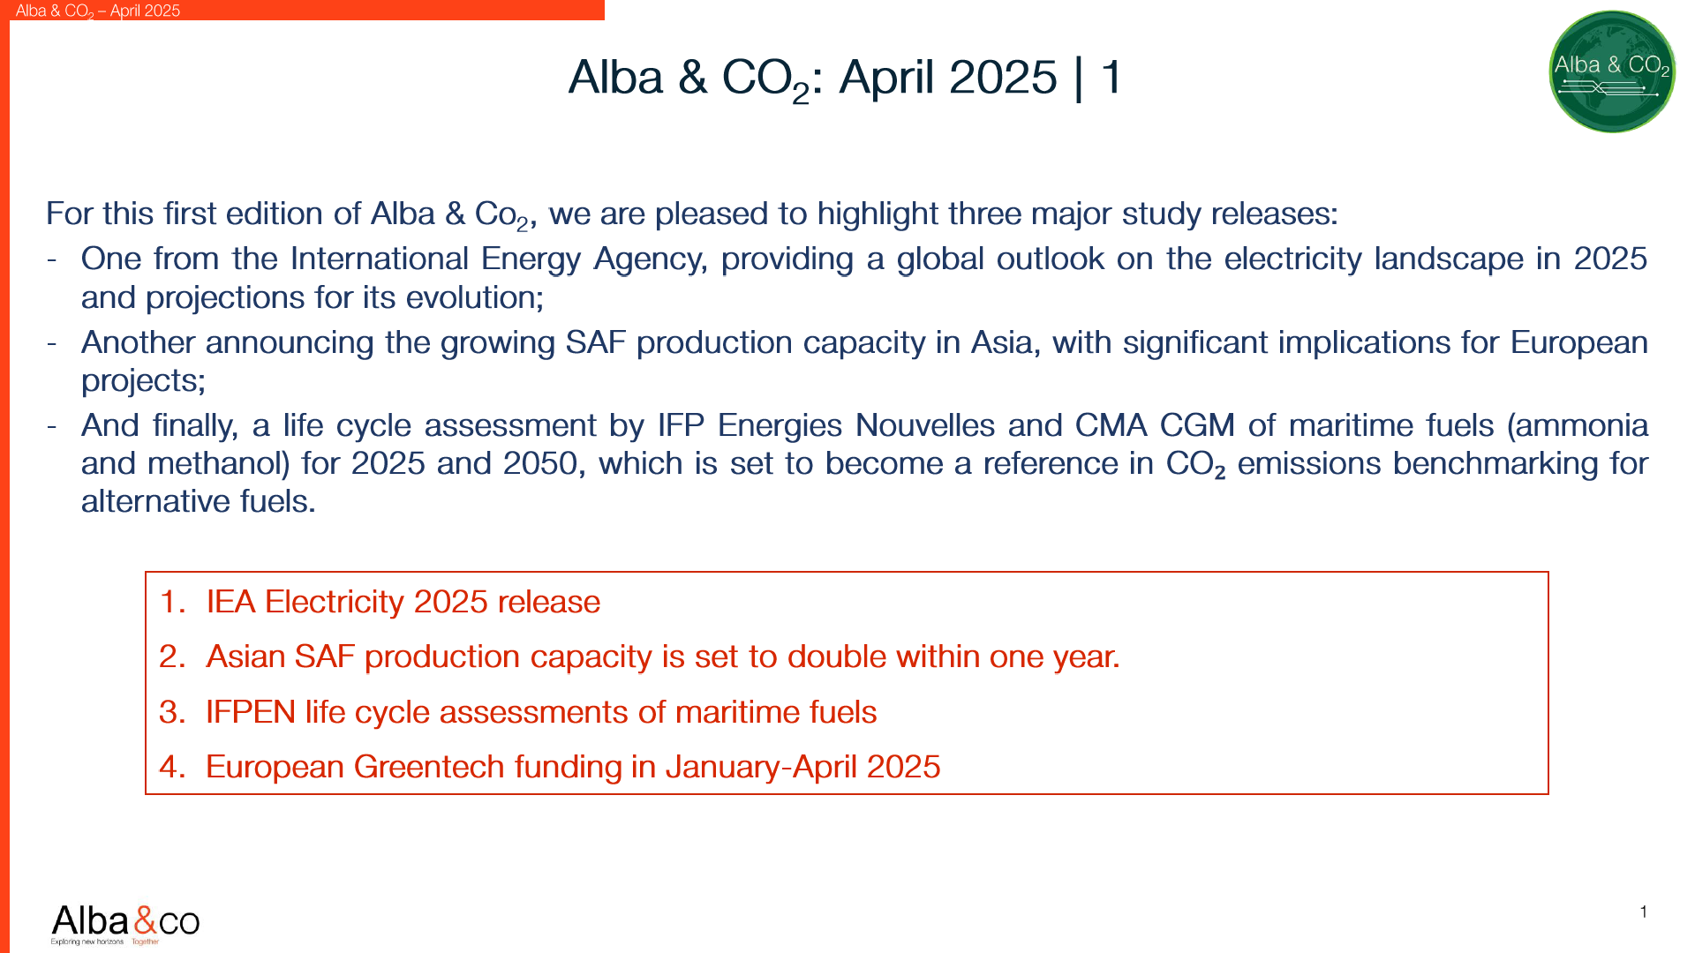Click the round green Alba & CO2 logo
tap(1612, 71)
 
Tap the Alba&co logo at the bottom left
tap(125, 923)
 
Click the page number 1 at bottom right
tap(1644, 912)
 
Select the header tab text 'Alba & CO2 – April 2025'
tap(98, 11)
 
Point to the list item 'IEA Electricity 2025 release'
tap(403, 602)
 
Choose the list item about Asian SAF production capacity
tap(662, 657)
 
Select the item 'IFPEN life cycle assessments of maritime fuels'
tap(541, 712)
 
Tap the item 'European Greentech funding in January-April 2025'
tap(573, 767)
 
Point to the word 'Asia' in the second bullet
tap(1001, 342)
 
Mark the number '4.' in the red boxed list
tap(172, 767)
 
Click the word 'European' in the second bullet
tap(1578, 342)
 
